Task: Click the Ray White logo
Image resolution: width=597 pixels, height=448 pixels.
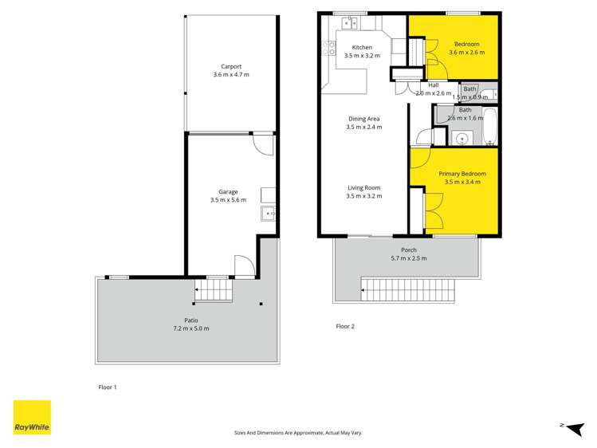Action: coord(32,418)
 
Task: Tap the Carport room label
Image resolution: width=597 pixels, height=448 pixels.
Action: coord(231,67)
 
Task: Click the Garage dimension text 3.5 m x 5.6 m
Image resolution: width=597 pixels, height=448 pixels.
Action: coord(229,200)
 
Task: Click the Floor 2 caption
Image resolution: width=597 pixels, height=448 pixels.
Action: coord(344,326)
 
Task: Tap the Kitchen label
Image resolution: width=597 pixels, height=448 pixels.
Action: coord(362,48)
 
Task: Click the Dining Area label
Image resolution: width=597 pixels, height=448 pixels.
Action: coord(363,119)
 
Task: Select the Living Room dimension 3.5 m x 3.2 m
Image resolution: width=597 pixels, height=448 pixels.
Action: coord(363,196)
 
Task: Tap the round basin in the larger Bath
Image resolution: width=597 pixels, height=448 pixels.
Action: coord(461,139)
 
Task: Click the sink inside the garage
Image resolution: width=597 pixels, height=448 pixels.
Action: coord(269,213)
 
